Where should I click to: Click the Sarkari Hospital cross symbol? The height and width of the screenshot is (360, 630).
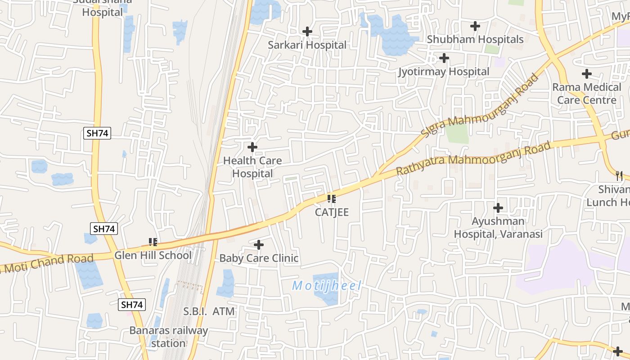(307, 31)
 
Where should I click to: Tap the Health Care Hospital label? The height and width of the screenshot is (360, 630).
(252, 167)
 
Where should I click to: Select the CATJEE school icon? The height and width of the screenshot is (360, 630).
(332, 199)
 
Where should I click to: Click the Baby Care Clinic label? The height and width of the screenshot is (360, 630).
(259, 258)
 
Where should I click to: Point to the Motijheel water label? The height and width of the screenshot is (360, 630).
(327, 286)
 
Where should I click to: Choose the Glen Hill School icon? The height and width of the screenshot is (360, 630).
(153, 243)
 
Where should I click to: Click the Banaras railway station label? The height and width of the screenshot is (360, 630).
(169, 337)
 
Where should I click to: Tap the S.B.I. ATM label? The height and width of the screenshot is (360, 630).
(209, 311)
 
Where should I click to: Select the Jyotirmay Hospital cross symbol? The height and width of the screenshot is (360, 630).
(444, 58)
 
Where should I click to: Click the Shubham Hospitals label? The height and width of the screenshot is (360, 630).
(475, 40)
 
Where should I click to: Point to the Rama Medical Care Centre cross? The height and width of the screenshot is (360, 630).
(587, 73)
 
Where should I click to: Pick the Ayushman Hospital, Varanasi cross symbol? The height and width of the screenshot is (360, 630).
(498, 208)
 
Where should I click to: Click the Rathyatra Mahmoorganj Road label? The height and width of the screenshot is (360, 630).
(473, 158)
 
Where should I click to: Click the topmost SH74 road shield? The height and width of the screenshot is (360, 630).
(97, 133)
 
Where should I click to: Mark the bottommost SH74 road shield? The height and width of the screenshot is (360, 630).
(132, 305)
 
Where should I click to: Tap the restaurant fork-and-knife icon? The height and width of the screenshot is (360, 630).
(619, 175)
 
